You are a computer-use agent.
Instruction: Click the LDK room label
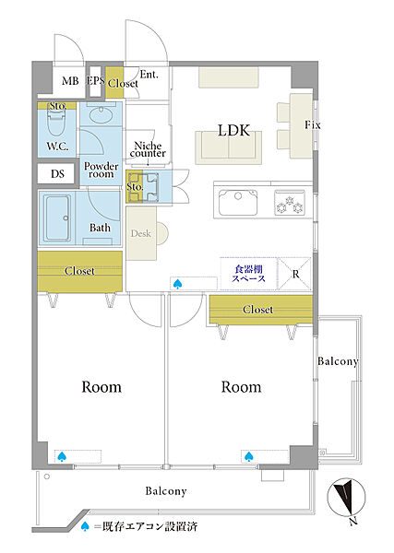[x=234, y=131]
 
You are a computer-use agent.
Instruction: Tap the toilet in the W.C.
[x=56, y=123]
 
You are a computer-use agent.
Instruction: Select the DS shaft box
[x=57, y=173]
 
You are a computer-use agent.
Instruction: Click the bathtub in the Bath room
[x=57, y=218]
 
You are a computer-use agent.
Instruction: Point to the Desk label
[x=140, y=233]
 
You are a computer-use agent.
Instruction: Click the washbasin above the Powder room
[x=101, y=115]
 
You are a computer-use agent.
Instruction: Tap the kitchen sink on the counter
[x=238, y=202]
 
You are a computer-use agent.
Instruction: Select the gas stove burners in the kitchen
[x=290, y=204]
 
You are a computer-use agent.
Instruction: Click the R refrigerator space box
[x=295, y=274]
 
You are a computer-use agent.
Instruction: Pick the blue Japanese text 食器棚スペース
[x=248, y=274]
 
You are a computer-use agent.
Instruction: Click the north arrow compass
[x=346, y=498]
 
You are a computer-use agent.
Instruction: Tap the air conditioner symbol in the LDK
[x=177, y=284]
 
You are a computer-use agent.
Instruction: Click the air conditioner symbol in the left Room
[x=62, y=457]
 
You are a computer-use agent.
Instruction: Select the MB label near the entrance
[x=70, y=81]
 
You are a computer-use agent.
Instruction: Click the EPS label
[x=95, y=81]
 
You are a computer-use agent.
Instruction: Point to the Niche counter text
[x=148, y=149]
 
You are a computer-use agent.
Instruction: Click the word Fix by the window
[x=313, y=124]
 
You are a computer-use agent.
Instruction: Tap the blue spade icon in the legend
[x=85, y=527]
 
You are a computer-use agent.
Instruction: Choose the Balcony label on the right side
[x=338, y=361]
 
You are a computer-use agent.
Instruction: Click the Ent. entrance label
[x=149, y=75]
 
